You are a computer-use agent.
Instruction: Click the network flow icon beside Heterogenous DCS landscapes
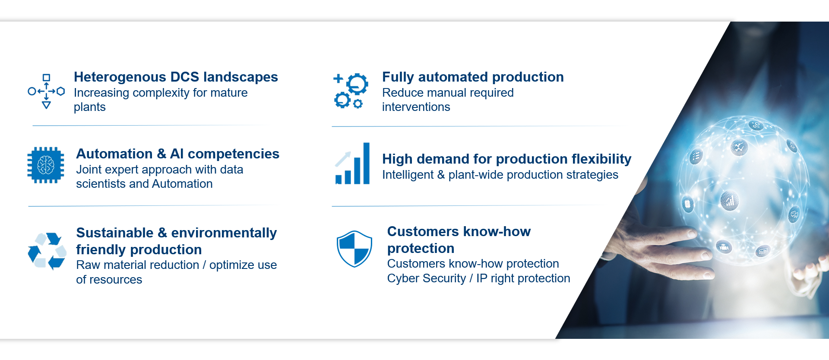[46, 91]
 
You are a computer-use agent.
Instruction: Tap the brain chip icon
[46, 165]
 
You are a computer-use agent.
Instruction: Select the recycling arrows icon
[47, 251]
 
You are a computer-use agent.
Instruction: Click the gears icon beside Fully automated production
[351, 91]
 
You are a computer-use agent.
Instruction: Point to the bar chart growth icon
[352, 164]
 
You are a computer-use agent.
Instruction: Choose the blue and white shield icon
[354, 249]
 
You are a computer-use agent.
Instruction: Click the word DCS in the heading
[185, 77]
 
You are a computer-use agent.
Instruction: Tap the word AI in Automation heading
[177, 154]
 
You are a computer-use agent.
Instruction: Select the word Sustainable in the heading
[115, 233]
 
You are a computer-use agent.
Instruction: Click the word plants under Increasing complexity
[90, 107]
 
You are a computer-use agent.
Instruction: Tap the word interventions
[416, 107]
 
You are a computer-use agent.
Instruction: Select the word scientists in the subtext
[101, 184]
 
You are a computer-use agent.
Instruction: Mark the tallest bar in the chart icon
[366, 164]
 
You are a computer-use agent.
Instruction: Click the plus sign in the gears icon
[338, 79]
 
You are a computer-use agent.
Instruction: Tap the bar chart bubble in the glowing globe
[729, 201]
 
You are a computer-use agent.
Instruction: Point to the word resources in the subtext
[116, 280]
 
